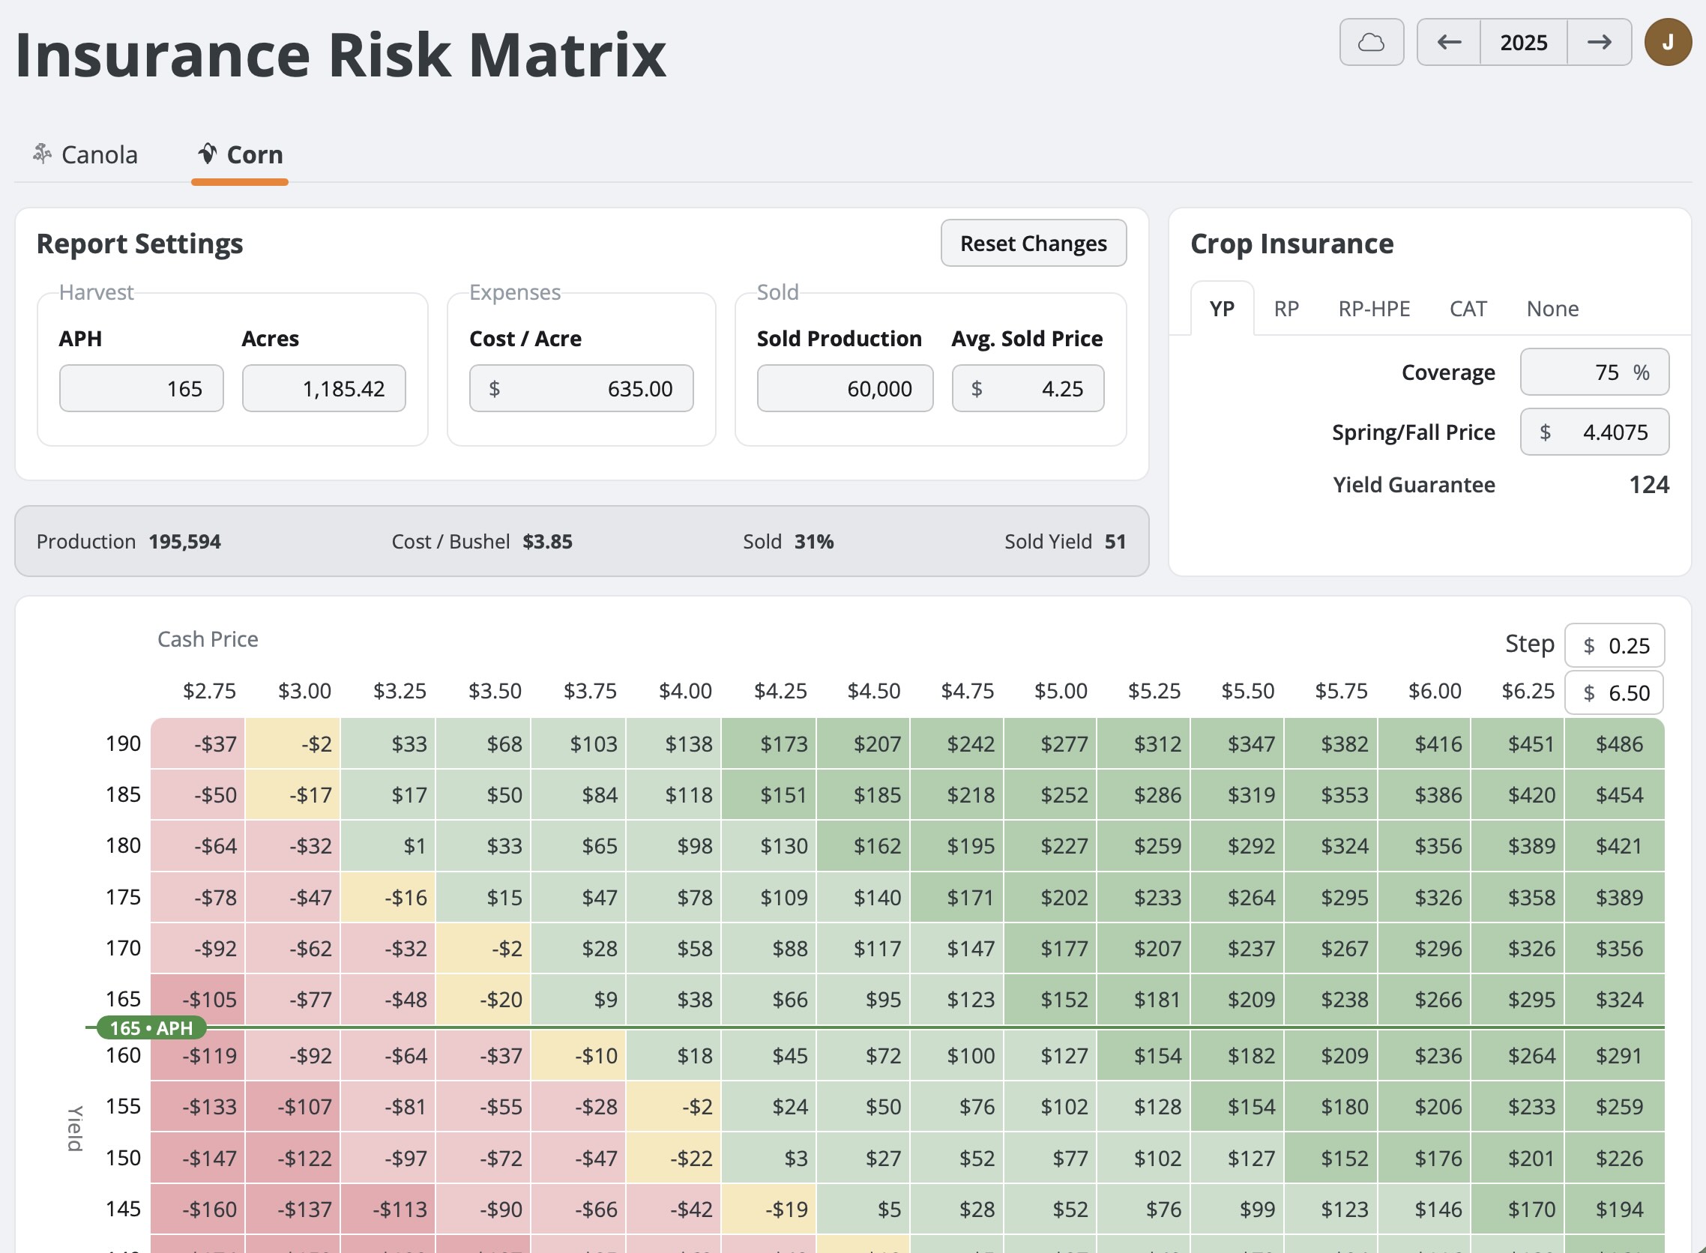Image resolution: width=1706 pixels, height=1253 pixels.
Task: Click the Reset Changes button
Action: (1033, 244)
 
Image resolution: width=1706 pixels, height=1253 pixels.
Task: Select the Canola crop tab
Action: (85, 154)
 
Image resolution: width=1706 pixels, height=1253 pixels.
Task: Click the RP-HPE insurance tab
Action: (1374, 309)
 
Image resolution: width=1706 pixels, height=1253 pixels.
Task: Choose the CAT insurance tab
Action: (1468, 309)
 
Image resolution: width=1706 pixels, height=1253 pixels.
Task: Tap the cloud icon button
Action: (1371, 43)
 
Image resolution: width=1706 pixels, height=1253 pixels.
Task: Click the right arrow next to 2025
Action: (1599, 43)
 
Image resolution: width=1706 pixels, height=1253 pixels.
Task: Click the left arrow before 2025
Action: (1449, 43)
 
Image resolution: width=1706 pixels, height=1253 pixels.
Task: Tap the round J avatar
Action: (1667, 43)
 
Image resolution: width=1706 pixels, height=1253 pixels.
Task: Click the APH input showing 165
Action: (142, 389)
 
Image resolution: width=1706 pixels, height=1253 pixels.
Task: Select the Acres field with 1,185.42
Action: (324, 389)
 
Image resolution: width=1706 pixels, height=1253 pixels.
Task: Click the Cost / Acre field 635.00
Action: (581, 389)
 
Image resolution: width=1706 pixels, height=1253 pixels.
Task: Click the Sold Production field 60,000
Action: (845, 389)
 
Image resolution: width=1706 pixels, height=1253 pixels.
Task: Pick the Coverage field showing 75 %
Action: (1594, 372)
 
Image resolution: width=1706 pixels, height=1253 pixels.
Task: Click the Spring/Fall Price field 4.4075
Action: (1594, 432)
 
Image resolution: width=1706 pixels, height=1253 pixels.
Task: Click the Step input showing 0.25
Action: (1615, 646)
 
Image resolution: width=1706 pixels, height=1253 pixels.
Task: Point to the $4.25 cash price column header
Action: (780, 691)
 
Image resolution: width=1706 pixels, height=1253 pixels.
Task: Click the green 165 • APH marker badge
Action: (151, 1027)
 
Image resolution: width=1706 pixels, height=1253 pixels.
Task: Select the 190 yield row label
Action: (123, 743)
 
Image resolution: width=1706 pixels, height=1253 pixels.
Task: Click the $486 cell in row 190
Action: (1618, 744)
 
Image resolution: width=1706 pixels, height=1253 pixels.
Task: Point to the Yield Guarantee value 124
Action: (1648, 485)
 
